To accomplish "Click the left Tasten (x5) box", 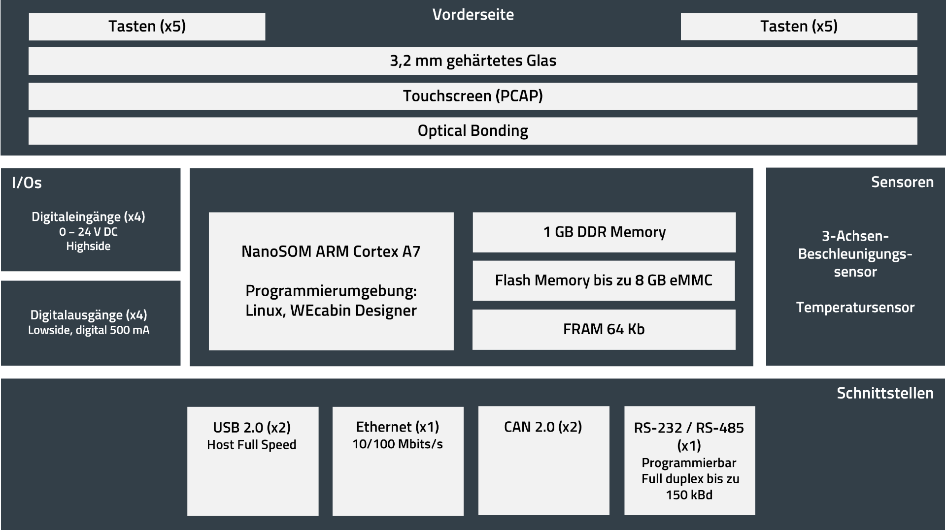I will [147, 27].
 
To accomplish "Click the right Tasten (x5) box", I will [799, 27].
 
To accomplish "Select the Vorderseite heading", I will [473, 15].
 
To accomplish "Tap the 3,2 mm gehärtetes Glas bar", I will [473, 61].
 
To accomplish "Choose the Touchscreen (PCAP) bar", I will [473, 96].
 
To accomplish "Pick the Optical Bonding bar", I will [473, 131].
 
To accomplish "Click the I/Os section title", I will [27, 183].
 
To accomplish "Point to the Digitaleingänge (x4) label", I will [88, 217].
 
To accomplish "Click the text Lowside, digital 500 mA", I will [89, 330].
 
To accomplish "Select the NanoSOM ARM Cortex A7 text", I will [331, 251].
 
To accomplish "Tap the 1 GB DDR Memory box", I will [604, 232].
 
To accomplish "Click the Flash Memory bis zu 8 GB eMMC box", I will [604, 281].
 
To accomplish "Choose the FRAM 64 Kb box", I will [604, 329].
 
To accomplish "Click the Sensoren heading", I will [902, 182].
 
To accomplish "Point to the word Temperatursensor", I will [855, 308].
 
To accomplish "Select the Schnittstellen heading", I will [885, 393].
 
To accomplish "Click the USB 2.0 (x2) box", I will [252, 461].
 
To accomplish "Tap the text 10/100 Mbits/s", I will [397, 444].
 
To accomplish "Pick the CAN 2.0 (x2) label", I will [543, 427].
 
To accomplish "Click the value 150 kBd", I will [689, 495].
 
